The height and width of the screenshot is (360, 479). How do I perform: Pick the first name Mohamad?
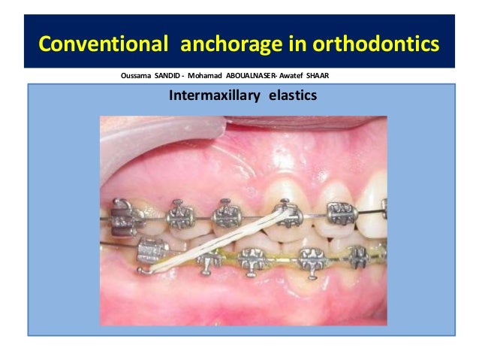tap(212, 76)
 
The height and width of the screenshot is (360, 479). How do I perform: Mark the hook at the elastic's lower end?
tap(143, 267)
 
